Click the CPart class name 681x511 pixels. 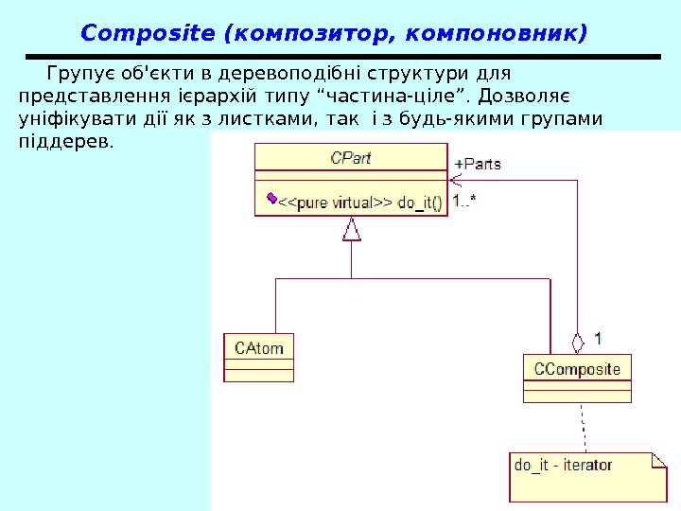pos(350,158)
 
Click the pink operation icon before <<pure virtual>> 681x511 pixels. pos(271,199)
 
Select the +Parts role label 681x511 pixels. pos(480,164)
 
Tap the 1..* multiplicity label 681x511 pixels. pos(463,201)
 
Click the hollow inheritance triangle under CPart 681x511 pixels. pos(352,229)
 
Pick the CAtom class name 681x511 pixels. pos(259,347)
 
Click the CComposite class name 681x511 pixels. pos(577,368)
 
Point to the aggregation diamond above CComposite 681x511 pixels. pos(577,341)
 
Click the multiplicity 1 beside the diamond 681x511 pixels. pos(598,336)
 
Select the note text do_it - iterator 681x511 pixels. pos(563,465)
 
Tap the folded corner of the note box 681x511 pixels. pos(658,460)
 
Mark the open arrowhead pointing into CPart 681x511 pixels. pos(455,179)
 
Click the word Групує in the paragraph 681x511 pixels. pos(75,73)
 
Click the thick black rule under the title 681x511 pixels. pos(340,57)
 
